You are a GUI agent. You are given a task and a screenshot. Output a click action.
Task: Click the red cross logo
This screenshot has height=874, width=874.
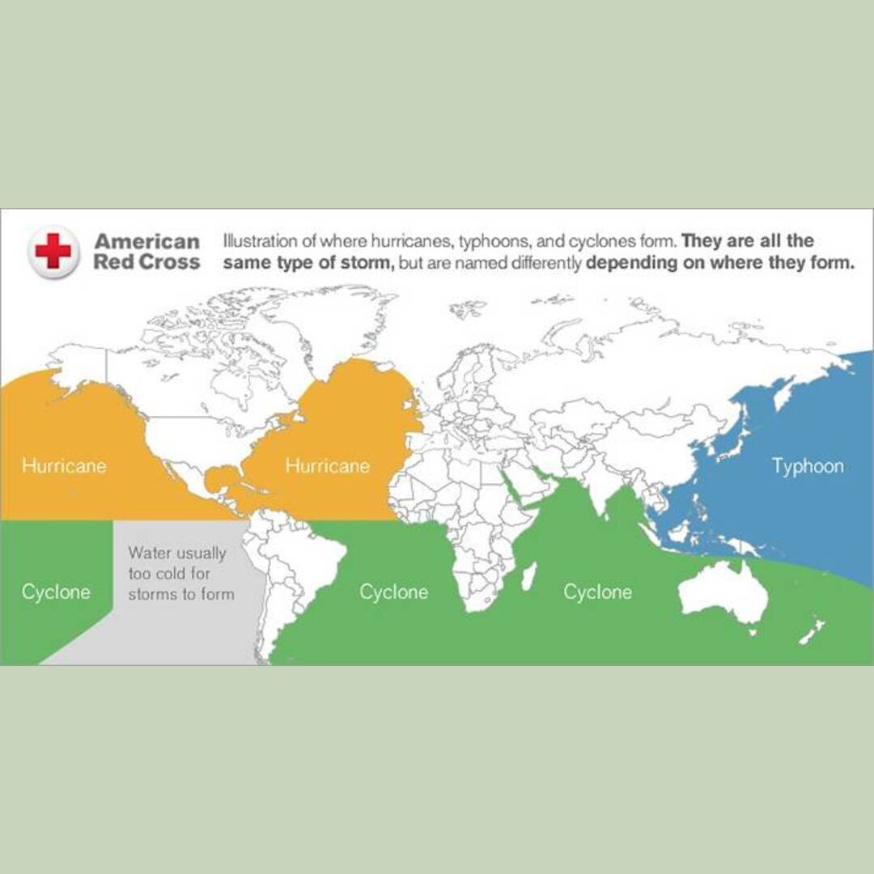53,251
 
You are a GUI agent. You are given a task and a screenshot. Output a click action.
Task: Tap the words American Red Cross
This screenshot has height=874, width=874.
146,252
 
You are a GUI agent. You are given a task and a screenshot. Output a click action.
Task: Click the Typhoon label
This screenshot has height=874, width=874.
807,466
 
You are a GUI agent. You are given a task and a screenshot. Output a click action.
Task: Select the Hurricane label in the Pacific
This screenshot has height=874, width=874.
64,466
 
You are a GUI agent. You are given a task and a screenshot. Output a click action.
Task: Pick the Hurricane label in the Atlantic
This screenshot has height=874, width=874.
327,466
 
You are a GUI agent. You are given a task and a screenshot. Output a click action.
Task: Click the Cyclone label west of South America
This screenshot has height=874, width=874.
56,592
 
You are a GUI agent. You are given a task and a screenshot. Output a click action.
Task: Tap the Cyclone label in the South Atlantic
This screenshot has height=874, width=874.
393,592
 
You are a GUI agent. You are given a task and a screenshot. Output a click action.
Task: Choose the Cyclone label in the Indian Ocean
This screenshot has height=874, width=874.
597,592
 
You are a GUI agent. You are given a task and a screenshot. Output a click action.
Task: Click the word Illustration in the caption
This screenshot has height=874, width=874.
257,241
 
